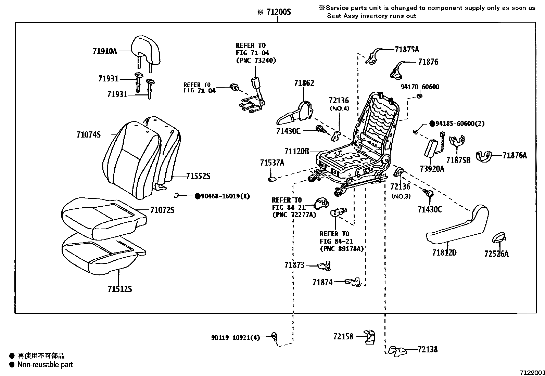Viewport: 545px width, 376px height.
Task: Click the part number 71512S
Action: coord(120,289)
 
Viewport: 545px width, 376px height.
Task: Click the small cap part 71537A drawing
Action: coord(272,179)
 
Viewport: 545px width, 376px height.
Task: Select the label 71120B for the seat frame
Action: coord(296,151)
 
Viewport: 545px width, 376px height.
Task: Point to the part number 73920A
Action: coord(432,169)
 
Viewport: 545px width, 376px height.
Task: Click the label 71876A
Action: coord(515,156)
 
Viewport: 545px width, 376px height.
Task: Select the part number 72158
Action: coord(343,337)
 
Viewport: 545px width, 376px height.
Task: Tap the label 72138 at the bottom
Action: coord(428,350)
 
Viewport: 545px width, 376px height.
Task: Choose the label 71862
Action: coord(304,83)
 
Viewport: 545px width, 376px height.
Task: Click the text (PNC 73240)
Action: coord(256,60)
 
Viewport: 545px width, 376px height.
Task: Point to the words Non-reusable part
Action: coord(45,365)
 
